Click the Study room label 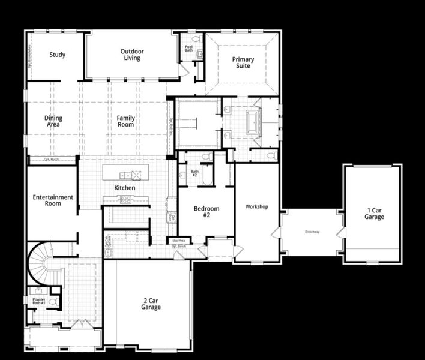coord(58,55)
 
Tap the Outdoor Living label coord(131,55)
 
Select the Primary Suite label coord(243,63)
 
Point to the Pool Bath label coord(188,48)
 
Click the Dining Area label coord(53,122)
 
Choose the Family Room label coord(126,122)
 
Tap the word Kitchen coord(125,188)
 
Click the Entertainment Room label coord(53,200)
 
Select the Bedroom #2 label coord(206,212)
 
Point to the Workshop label coord(256,207)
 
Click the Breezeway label coord(312,232)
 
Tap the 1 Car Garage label coord(374,214)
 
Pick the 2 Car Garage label coord(151,304)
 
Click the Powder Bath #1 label coord(38,301)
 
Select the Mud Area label coord(178,241)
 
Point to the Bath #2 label coord(195,172)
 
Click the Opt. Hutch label coord(52,160)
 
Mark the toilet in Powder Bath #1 coord(53,302)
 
